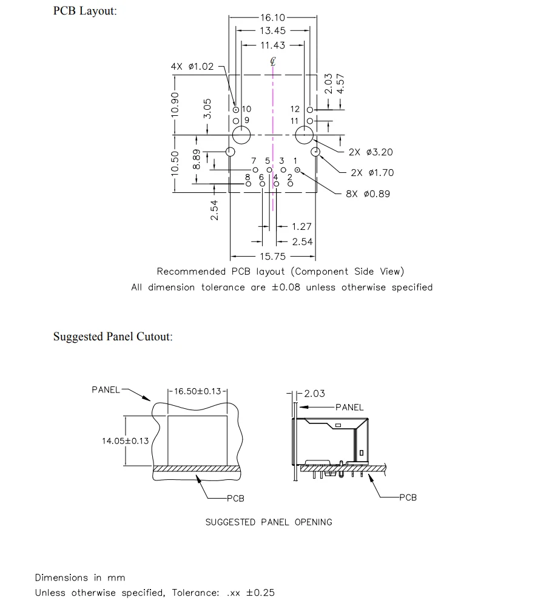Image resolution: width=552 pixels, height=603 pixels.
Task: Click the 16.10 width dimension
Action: click(x=272, y=17)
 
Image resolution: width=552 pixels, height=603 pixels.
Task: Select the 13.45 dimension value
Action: click(x=272, y=31)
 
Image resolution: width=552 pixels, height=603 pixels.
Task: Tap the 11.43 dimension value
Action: click(x=272, y=45)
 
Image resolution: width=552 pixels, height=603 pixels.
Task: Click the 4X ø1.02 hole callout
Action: click(x=192, y=67)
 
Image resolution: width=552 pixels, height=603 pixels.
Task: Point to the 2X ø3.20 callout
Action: click(x=371, y=152)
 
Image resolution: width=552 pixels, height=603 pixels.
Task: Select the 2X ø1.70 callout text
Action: click(x=372, y=173)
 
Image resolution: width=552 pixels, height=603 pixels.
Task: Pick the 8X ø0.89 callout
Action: click(x=368, y=194)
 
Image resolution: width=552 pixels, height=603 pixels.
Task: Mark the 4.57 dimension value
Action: click(x=340, y=84)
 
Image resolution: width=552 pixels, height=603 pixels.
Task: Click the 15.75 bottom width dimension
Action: click(x=272, y=257)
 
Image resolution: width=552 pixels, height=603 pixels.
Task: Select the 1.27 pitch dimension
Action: click(x=301, y=227)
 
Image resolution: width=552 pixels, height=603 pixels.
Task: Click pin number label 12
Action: click(x=295, y=109)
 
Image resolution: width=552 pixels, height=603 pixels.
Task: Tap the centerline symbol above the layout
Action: click(x=273, y=61)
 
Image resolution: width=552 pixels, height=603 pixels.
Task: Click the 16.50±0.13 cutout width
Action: click(x=197, y=391)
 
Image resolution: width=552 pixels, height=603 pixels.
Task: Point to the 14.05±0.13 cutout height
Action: click(x=125, y=441)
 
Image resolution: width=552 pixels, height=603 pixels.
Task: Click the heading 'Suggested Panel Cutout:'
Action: click(x=113, y=337)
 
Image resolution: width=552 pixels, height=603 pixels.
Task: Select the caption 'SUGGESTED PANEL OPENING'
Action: click(x=269, y=522)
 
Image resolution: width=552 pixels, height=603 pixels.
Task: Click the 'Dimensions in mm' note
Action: click(x=80, y=578)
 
